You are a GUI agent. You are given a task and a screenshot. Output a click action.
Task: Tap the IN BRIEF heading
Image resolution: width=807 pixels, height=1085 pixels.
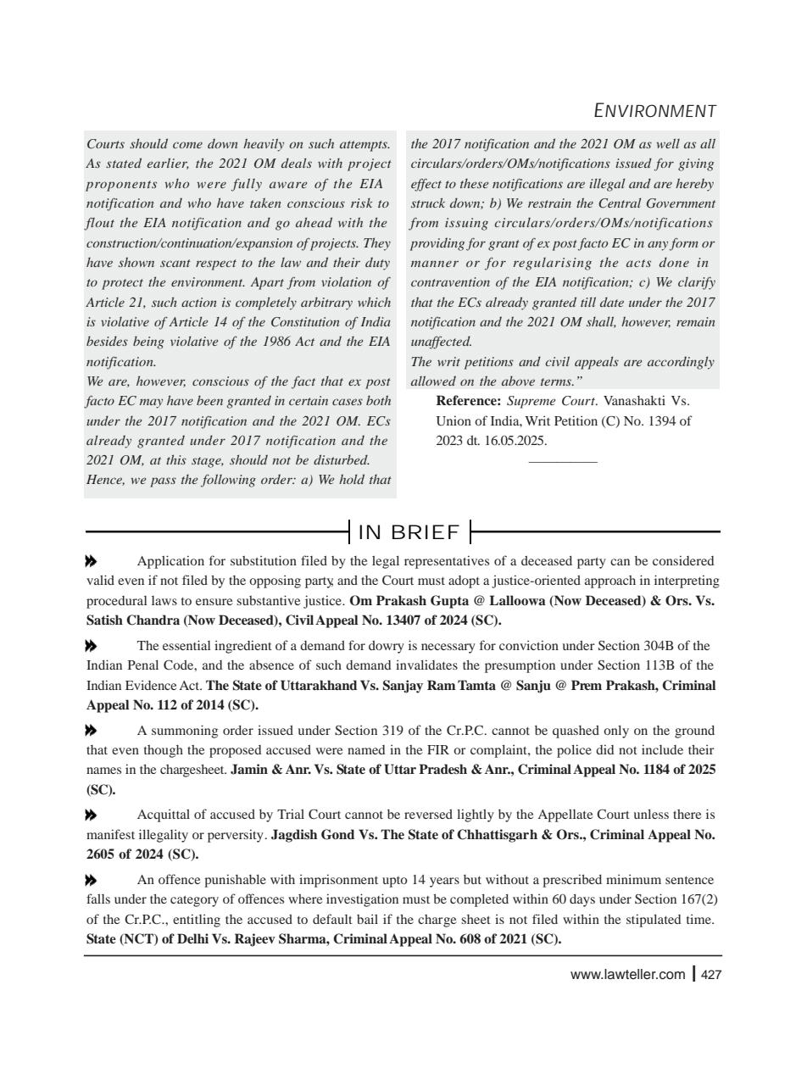coord(409,532)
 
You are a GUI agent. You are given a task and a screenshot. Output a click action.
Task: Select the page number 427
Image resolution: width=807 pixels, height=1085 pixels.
coord(711,975)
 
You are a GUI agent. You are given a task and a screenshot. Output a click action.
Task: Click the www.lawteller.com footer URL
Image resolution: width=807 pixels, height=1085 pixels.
coord(627,975)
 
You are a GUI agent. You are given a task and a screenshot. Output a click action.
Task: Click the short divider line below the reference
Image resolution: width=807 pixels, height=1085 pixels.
coord(562,462)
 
